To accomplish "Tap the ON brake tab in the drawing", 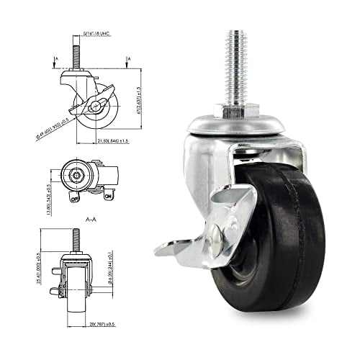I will coord(108,196).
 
